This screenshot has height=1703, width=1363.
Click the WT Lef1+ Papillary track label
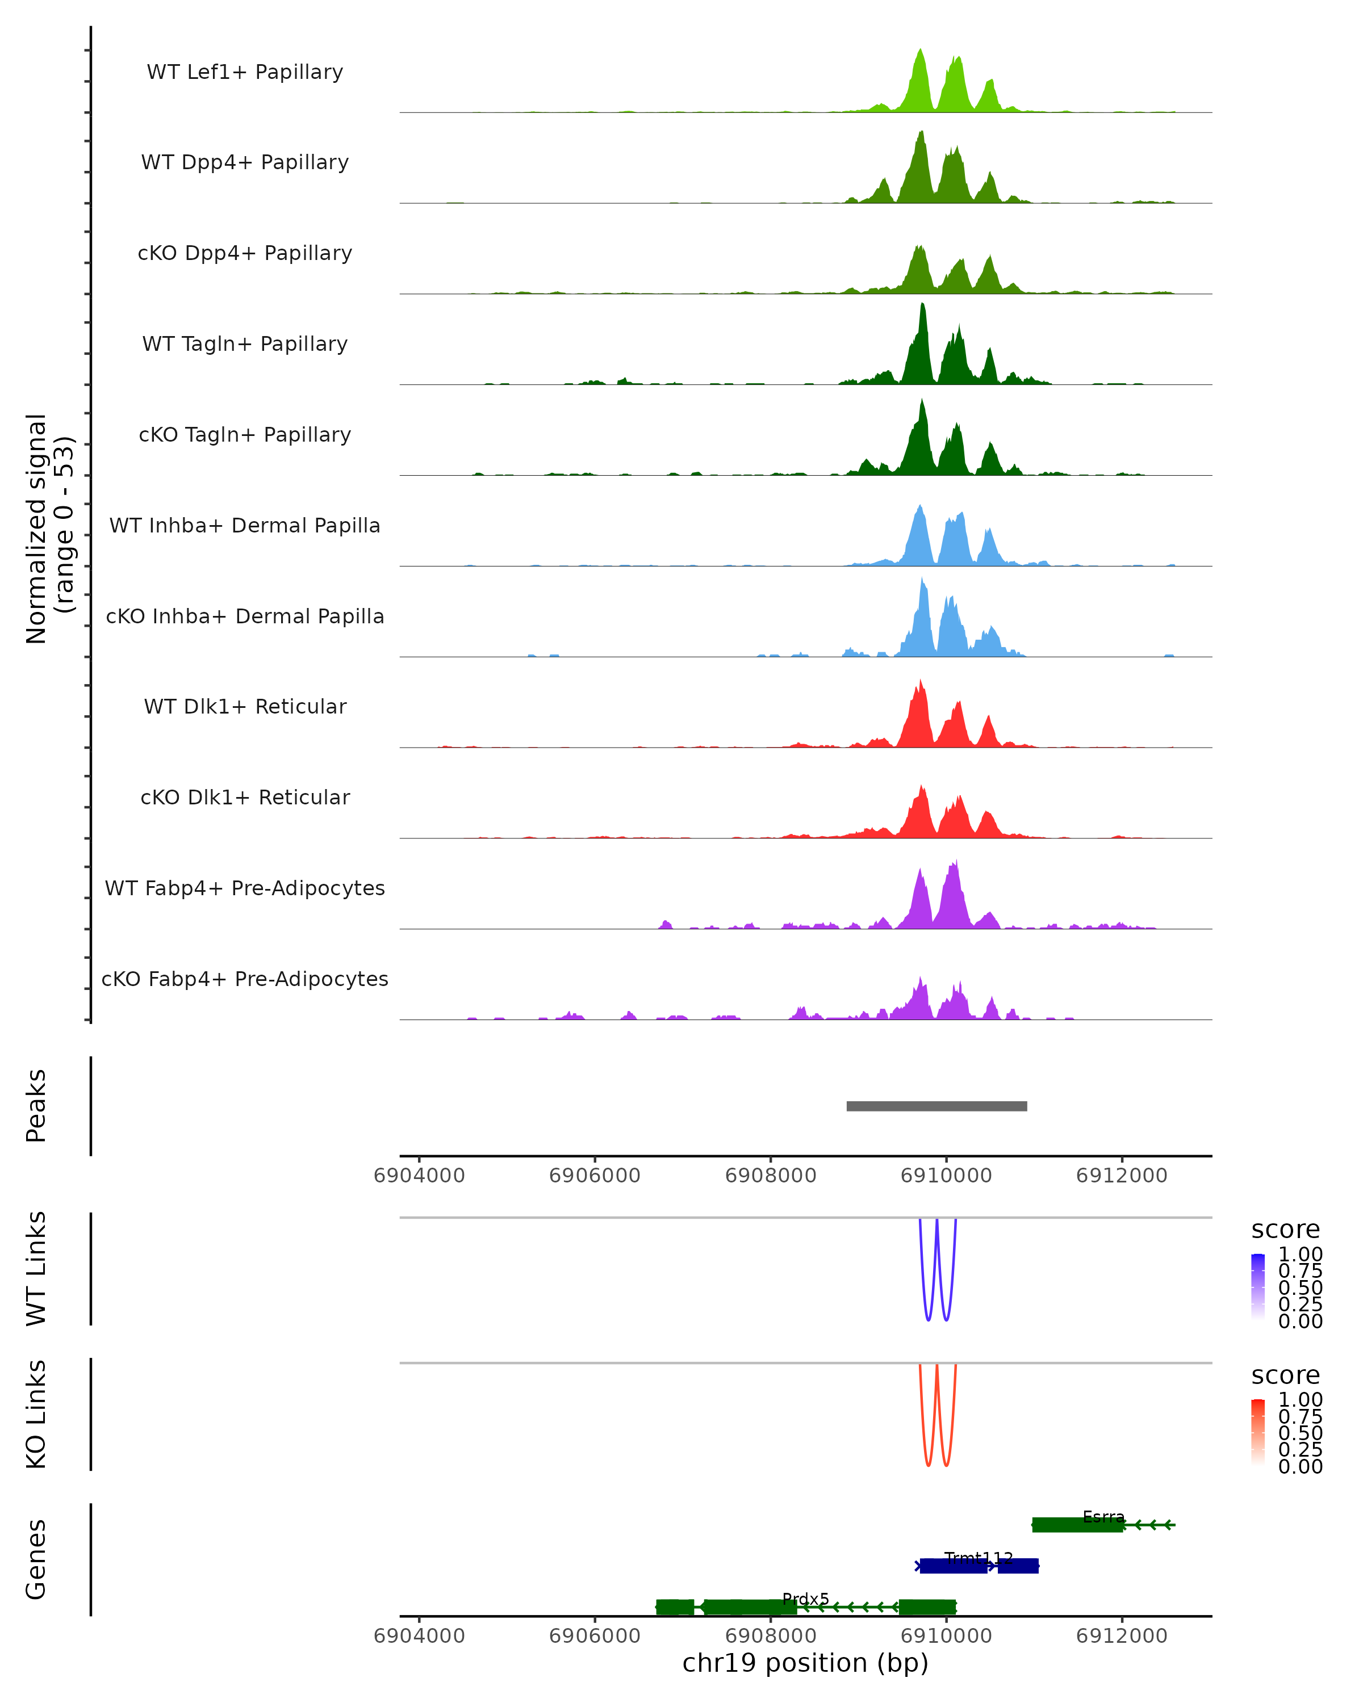click(245, 72)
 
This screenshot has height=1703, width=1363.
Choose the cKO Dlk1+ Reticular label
click(245, 797)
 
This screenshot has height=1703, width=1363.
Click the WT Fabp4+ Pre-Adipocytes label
click(245, 888)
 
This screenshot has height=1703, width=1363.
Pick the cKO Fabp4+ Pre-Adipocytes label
click(245, 979)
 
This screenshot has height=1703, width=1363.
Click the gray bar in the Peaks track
click(936, 1106)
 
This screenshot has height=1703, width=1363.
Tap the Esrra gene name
click(1103, 1517)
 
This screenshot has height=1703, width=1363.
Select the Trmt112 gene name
click(978, 1558)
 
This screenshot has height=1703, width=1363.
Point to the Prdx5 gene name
click(805, 1599)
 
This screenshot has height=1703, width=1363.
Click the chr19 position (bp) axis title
click(805, 1663)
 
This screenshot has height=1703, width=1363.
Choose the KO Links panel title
click(36, 1414)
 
